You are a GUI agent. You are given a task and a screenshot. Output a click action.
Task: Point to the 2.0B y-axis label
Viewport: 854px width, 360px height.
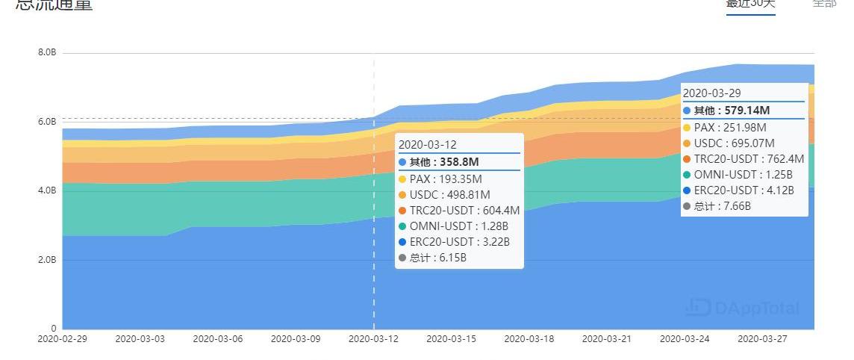[x=47, y=260]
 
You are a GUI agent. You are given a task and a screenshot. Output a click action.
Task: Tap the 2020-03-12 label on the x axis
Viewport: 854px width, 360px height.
[x=373, y=338]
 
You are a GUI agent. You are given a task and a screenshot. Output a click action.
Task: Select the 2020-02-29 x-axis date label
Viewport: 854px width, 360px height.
[x=63, y=338]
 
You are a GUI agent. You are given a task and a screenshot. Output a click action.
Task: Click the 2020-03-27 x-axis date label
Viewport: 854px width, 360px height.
[x=762, y=338]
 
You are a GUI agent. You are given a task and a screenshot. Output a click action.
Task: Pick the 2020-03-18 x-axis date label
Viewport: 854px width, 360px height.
[x=529, y=338]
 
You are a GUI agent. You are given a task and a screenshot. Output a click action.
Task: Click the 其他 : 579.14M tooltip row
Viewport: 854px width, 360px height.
[x=732, y=111]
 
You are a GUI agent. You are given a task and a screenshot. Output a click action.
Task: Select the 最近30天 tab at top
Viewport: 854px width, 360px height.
[x=750, y=4]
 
